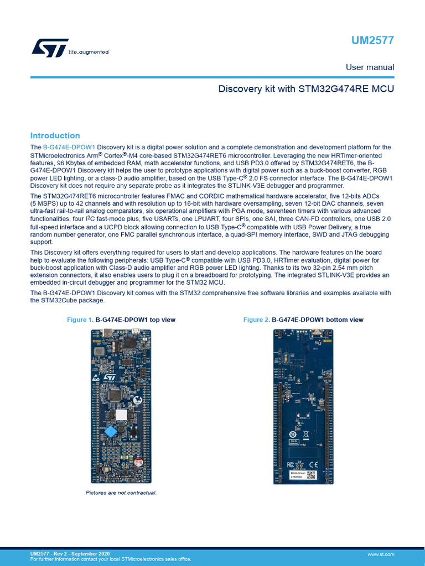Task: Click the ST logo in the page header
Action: pos(50,48)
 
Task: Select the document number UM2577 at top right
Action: pos(373,41)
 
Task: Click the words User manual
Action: pos(370,67)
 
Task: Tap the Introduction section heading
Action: pos(55,135)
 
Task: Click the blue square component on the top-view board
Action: pos(112,431)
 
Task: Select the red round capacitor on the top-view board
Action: pos(140,462)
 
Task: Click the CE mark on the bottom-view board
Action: pos(313,464)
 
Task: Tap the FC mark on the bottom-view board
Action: pos(291,464)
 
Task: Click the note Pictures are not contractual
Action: pos(121,492)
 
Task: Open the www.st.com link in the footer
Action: pos(381,554)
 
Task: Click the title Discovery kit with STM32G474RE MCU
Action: pos(306,88)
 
